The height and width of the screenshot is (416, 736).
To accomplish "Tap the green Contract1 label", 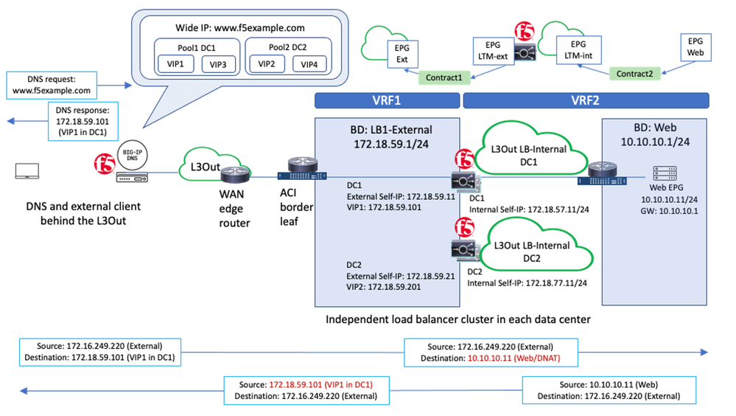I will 444,77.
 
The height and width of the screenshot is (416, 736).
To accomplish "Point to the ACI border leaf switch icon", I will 297,175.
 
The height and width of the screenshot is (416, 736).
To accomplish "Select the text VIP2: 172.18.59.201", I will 384,287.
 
